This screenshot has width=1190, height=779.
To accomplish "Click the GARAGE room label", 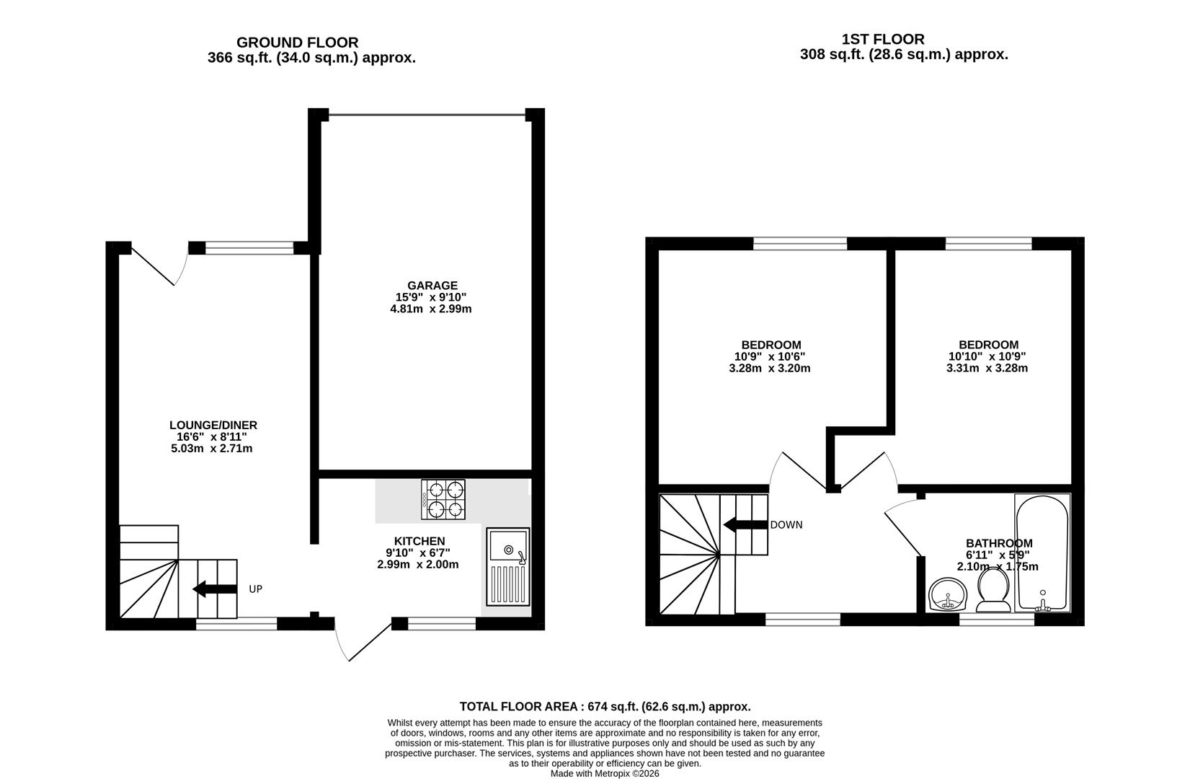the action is pos(432,286).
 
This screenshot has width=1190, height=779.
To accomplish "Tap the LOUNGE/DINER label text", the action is pos(213,426).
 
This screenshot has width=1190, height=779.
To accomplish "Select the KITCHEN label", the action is pos(419,541).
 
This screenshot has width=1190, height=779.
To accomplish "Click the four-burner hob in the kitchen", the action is pos(443,499).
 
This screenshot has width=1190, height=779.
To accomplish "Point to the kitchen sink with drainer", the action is pos(508,567).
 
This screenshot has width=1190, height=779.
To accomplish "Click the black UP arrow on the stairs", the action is pos(215,589).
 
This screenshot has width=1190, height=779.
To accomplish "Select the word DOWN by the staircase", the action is pos(786,525).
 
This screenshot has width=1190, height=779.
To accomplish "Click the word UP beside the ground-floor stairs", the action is pos(256,589).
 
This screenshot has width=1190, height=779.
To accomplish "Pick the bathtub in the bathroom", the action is pos(1042,553).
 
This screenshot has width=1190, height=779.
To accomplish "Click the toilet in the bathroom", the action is pos(993,590).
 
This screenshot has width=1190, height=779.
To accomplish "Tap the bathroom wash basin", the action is pos(949,594).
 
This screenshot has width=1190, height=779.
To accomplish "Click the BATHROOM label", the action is pos(999,543).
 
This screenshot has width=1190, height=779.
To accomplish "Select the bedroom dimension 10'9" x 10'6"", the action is pos(770,357).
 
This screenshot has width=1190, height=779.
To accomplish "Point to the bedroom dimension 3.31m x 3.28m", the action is pos(987,368).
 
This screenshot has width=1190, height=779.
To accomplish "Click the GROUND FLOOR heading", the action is pos(298,43).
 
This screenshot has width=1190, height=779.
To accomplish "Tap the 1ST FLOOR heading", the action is pos(883,40).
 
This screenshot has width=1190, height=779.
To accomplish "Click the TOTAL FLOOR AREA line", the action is pos(605,707).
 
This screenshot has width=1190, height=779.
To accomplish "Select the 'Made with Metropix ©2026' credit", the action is pos(605,774).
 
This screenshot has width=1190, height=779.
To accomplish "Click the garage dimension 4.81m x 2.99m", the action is pos(431,309).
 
